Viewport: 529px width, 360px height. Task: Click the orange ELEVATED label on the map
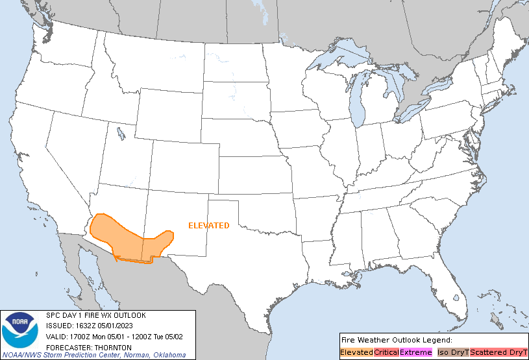tap(208, 226)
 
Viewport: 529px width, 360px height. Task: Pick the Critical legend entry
tap(386, 352)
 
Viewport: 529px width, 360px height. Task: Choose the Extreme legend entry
tap(415, 352)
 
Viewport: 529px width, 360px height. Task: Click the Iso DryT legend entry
tap(452, 352)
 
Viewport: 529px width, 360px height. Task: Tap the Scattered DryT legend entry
tap(498, 352)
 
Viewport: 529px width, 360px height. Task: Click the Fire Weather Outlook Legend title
tap(396, 340)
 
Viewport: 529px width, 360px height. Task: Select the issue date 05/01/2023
tap(123, 326)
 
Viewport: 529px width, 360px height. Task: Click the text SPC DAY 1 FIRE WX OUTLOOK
tap(96, 315)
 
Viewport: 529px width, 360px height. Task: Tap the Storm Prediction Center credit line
tap(115, 355)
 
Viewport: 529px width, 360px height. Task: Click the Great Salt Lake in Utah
tap(121, 134)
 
